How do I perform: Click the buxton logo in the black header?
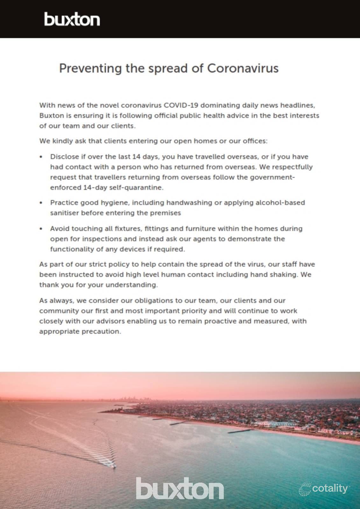72,19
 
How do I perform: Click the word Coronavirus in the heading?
243,68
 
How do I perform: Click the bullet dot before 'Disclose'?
41,157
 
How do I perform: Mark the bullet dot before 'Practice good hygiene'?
41,203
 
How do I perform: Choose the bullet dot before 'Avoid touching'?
41,229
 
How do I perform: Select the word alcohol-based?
280,203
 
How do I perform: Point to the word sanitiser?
64,213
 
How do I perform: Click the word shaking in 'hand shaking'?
283,275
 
